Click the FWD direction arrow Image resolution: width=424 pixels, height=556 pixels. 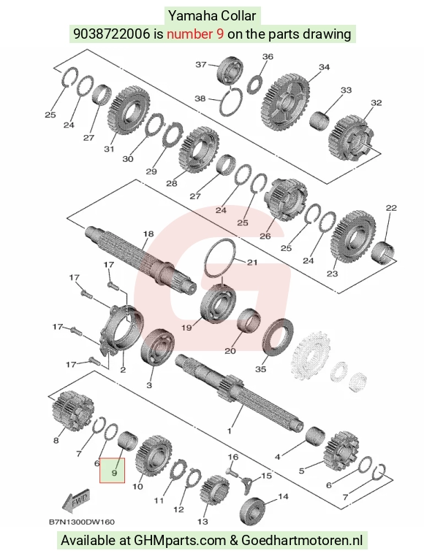pyautogui.click(x=75, y=501)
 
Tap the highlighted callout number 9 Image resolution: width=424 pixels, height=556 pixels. pyautogui.click(x=114, y=473)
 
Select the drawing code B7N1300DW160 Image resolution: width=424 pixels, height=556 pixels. pyautogui.click(x=82, y=522)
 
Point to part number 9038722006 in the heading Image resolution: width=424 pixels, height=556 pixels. pyautogui.click(x=112, y=34)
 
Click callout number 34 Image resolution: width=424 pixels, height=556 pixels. pyautogui.click(x=324, y=67)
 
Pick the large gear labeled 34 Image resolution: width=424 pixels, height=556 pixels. pyautogui.click(x=286, y=101)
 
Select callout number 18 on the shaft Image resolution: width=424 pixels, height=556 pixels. pyautogui.click(x=148, y=234)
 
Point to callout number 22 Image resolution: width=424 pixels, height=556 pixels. pyautogui.click(x=391, y=208)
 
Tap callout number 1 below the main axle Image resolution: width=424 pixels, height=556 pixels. pyautogui.click(x=230, y=430)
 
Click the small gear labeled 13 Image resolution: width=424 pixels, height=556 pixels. pyautogui.click(x=214, y=492)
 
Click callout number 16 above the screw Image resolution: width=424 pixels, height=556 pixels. pyautogui.click(x=232, y=457)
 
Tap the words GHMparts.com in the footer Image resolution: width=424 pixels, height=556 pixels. pyautogui.click(x=180, y=541)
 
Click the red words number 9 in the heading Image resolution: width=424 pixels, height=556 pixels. pyautogui.click(x=195, y=34)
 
